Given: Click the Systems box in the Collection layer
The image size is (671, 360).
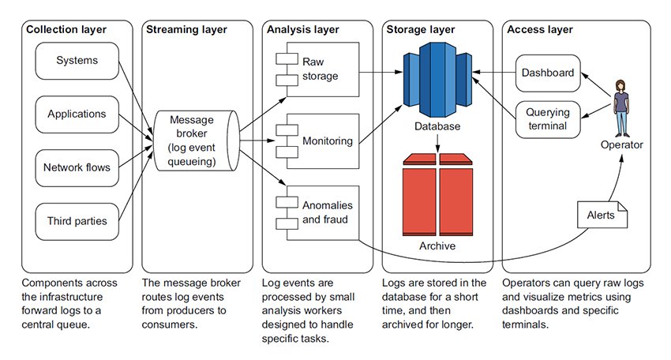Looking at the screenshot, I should coord(77,61).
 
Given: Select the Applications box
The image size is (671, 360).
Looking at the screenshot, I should coord(77,114).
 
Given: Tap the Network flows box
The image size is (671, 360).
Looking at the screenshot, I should coord(77,167).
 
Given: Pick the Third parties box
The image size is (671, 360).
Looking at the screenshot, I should coord(77,220).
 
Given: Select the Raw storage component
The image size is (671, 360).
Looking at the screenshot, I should coord(320,69).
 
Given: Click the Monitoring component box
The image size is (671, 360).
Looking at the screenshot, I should coord(320,141).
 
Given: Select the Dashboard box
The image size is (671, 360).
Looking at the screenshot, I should coord(548,72).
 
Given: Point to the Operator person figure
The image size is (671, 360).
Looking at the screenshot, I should coord(620,107).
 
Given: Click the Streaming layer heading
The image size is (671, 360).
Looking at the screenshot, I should coord(186,30).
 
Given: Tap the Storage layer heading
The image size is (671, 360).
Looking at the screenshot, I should coord(422,30).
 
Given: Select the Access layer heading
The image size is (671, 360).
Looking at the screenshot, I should coord(540,30).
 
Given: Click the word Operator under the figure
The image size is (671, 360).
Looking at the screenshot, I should coord(621,144).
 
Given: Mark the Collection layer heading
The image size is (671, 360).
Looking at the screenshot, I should coord(66,30).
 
